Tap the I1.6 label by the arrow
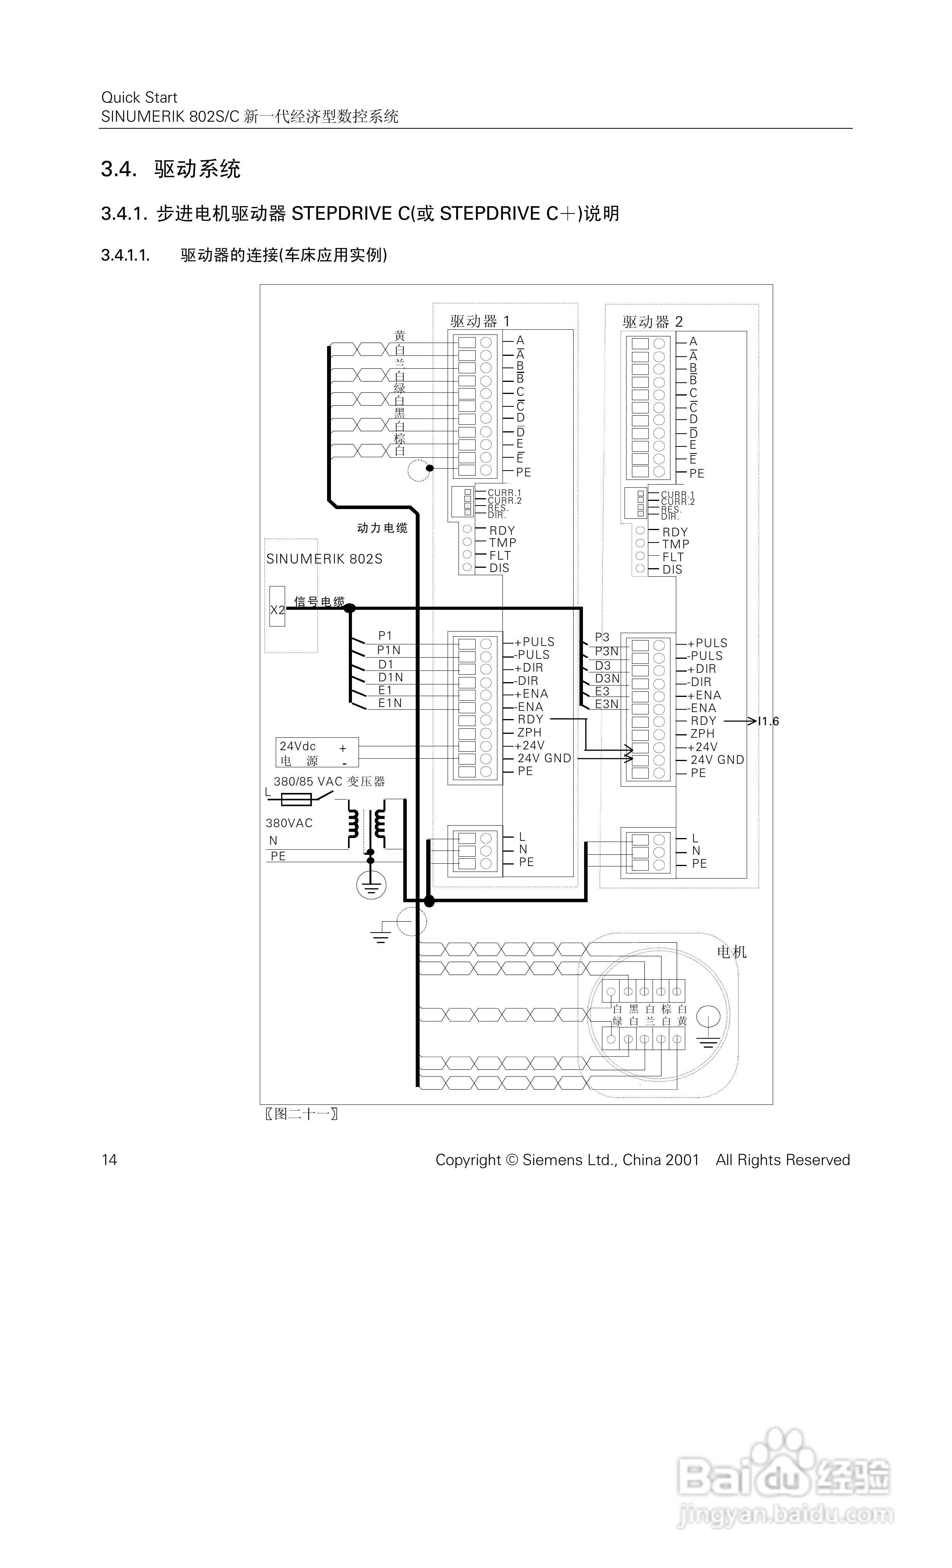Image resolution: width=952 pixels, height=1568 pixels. coord(768,721)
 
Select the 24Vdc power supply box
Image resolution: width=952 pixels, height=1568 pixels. coord(316,753)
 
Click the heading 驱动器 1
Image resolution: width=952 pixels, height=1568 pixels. coord(480,321)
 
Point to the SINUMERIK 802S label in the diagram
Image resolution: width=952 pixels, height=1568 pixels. coord(324,559)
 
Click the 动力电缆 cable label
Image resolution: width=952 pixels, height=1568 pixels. coord(382,528)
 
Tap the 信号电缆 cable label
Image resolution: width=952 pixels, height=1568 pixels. coord(319,601)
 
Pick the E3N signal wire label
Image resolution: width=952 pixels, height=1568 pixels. coord(606,704)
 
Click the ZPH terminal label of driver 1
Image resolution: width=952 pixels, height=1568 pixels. coord(529,732)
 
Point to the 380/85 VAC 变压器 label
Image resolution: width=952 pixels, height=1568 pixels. coord(329,781)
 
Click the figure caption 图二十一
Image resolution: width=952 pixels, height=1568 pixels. coord(301,1114)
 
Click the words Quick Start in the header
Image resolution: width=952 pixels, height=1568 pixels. coord(139,97)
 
